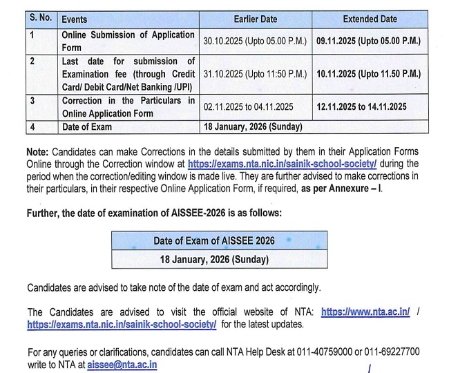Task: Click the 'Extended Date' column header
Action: [x=370, y=19]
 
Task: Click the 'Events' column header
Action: [x=75, y=19]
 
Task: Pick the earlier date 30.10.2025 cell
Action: [x=255, y=41]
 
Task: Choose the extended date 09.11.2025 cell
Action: [x=368, y=41]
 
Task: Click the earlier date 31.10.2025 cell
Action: [x=255, y=74]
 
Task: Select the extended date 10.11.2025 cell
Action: [x=368, y=74]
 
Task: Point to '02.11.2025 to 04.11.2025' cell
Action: [x=248, y=106]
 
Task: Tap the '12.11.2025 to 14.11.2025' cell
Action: [x=361, y=106]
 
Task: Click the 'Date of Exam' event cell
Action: [x=86, y=127]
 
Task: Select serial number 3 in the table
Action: [x=32, y=101]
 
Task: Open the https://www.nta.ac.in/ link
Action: [x=365, y=312]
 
